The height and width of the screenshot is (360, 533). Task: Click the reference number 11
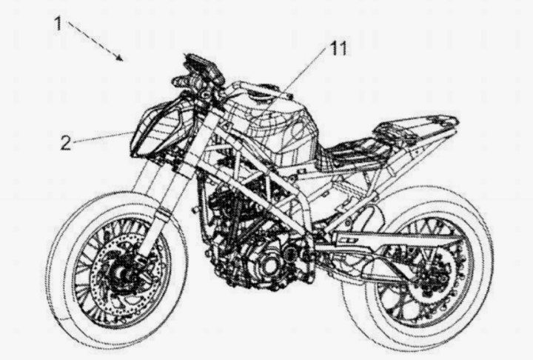click(338, 49)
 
